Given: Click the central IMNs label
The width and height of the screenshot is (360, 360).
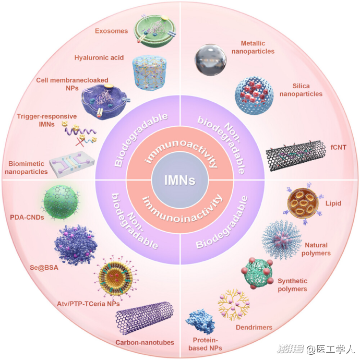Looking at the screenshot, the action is coord(180,180).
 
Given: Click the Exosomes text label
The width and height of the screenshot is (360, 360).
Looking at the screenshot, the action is coord(111,31).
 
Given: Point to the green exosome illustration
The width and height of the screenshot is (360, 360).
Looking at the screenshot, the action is coord(155,30).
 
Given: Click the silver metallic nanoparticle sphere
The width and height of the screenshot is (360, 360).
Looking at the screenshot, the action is coord(210,60).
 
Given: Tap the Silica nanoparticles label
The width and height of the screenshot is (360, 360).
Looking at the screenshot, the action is coord(301,90).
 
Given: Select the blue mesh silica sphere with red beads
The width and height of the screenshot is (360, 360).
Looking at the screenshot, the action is coord(254,95).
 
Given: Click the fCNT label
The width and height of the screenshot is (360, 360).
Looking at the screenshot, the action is coord(338,147).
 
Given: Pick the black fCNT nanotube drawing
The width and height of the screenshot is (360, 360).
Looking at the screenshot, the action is coord(296,155).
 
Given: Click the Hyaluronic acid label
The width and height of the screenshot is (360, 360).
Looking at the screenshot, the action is coord(99,57).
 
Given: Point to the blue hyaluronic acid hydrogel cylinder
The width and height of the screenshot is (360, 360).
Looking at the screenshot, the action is coord(150,72).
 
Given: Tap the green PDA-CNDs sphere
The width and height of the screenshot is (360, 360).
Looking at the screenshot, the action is coord(61,202).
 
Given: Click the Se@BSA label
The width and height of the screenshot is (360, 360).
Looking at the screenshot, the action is coord(44,268).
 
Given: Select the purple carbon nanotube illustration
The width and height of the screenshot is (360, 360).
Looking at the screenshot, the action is coord(145,318).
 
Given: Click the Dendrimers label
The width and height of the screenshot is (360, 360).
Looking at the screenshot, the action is coord(254,327).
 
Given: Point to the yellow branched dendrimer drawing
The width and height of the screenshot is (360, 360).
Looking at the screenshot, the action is coord(234,304).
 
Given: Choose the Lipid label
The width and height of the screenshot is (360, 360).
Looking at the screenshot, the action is coord(333,203).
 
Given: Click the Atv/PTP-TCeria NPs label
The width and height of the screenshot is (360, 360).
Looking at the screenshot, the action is coord(88,304).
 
